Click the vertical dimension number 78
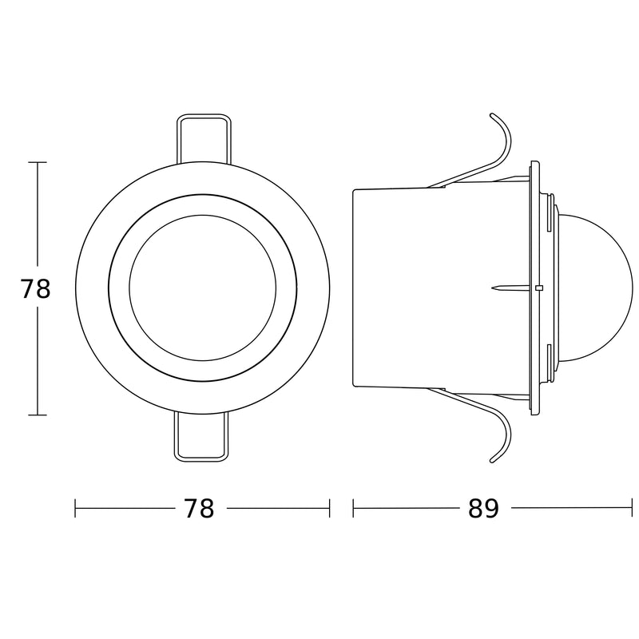35,288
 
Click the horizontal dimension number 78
199,508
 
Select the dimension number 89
483,508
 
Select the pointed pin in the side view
511,288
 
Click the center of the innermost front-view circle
203,288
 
